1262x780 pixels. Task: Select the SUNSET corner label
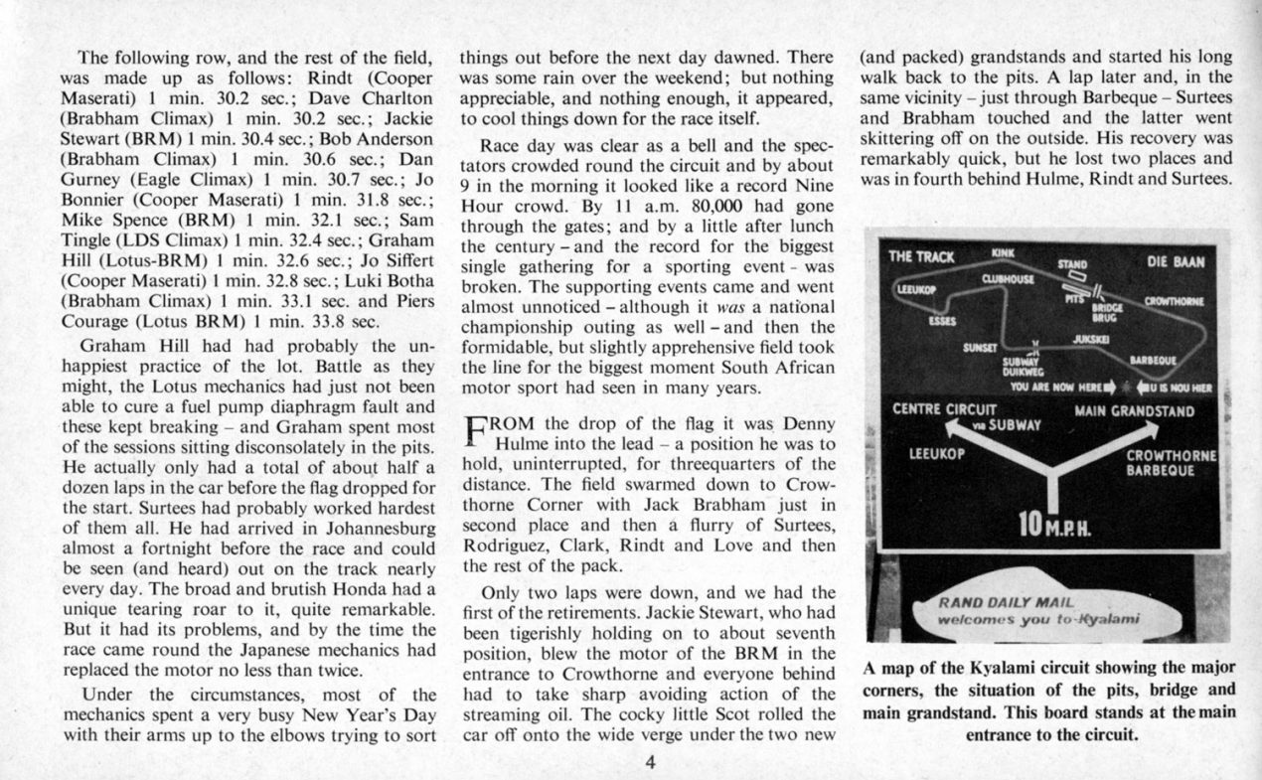click(981, 349)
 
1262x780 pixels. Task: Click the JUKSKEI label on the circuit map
click(1090, 339)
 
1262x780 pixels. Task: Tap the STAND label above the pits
click(1071, 264)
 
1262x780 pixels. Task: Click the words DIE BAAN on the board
click(1176, 262)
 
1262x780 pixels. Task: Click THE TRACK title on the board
click(921, 256)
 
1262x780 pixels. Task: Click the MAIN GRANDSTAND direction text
click(1135, 410)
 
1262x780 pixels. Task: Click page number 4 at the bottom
click(650, 763)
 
